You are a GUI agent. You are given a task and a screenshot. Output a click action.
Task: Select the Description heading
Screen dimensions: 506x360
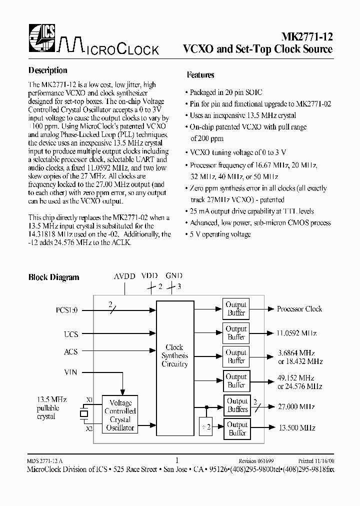pyautogui.click(x=47, y=70)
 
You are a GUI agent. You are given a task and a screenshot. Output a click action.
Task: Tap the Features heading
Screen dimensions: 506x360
pyautogui.click(x=200, y=75)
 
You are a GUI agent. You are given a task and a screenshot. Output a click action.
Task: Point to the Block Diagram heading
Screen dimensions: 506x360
pyautogui.click(x=53, y=277)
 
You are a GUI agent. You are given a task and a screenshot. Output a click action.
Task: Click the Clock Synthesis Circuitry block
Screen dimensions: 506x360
pyautogui.click(x=174, y=355)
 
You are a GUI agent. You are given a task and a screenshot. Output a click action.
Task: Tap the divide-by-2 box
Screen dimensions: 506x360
pyautogui.click(x=206, y=426)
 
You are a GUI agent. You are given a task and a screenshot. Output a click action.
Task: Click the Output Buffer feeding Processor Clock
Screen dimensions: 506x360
pyautogui.click(x=236, y=309)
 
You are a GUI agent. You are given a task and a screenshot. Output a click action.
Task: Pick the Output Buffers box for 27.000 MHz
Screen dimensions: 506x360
pyautogui.click(x=237, y=405)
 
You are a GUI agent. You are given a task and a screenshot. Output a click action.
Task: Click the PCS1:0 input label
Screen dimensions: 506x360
pyautogui.click(x=67, y=310)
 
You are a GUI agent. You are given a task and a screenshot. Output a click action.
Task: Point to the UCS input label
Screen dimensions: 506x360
pyautogui.click(x=71, y=333)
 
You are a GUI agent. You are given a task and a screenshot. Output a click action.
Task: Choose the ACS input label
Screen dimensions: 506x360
pyautogui.click(x=71, y=351)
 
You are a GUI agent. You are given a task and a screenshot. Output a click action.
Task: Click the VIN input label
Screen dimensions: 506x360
pyautogui.click(x=71, y=372)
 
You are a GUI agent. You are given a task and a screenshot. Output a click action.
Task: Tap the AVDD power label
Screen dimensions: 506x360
pyautogui.click(x=124, y=276)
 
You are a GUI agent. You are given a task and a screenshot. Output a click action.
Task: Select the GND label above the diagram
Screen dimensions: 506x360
pyautogui.click(x=174, y=275)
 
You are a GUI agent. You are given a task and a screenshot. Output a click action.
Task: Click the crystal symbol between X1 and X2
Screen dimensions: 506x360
pyautogui.click(x=83, y=414)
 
